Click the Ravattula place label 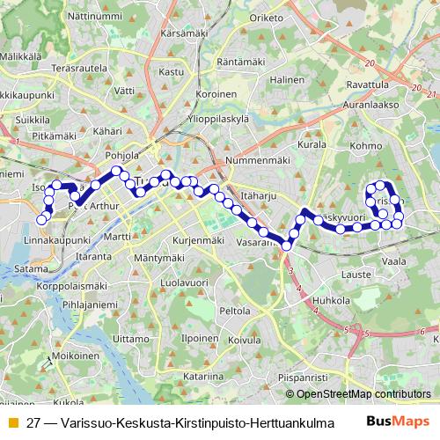click(x=368, y=85)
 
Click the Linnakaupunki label click(x=57, y=239)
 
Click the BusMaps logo click(x=398, y=421)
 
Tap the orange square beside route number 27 click(x=11, y=421)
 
